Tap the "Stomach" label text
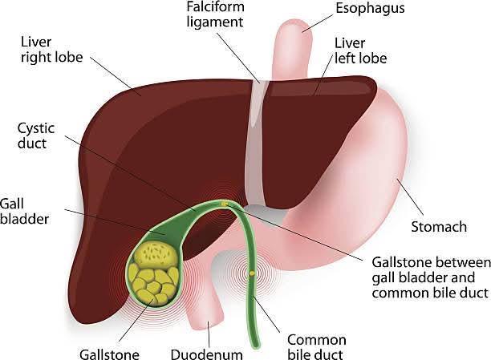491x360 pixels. pos(438,227)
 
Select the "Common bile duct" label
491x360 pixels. pos(317,346)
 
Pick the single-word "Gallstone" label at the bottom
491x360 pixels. pos(110,352)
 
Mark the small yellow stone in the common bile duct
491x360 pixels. pos(252,273)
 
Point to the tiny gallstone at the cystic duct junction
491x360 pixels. pos(224,204)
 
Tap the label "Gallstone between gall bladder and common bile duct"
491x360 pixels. pos(429,277)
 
